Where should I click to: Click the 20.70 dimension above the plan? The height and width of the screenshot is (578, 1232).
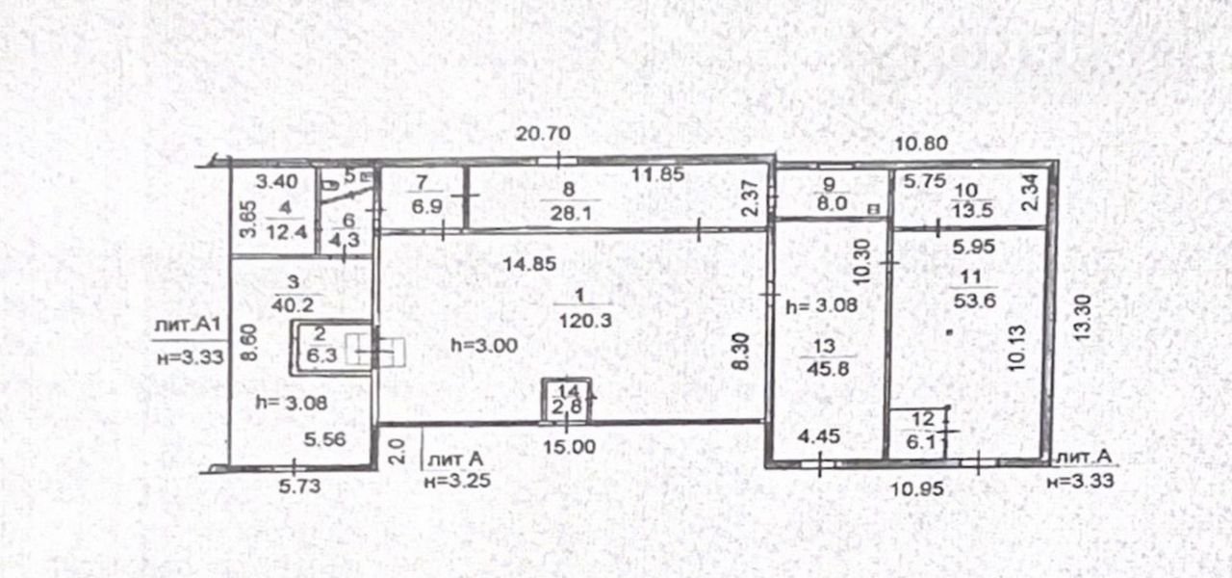pyautogui.click(x=543, y=134)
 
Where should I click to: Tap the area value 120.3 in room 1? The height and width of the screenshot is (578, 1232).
pyautogui.click(x=585, y=321)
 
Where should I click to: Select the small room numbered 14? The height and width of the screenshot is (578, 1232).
pyautogui.click(x=567, y=402)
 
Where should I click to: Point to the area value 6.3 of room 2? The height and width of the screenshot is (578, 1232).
pyautogui.click(x=321, y=355)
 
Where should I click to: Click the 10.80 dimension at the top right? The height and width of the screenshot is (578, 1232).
pyautogui.click(x=921, y=144)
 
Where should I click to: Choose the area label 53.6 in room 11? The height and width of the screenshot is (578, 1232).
pyautogui.click(x=974, y=302)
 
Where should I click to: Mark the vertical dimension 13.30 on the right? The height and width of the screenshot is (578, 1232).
pyautogui.click(x=1083, y=318)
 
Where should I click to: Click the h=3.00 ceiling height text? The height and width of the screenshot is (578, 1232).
pyautogui.click(x=484, y=346)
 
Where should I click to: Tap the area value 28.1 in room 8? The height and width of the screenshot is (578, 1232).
pyautogui.click(x=571, y=213)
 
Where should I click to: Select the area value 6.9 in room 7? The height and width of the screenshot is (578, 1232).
pyautogui.click(x=426, y=207)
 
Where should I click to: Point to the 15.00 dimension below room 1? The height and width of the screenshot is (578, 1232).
pyautogui.click(x=569, y=446)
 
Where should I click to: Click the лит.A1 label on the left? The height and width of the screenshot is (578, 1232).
pyautogui.click(x=188, y=325)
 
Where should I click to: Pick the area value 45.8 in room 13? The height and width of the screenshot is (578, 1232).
pyautogui.click(x=828, y=368)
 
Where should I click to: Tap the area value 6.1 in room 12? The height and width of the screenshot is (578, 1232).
pyautogui.click(x=921, y=442)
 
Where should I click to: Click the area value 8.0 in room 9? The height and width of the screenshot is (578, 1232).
pyautogui.click(x=832, y=203)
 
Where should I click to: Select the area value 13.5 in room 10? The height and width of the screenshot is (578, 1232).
pyautogui.click(x=972, y=210)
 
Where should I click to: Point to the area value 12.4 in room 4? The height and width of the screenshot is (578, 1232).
pyautogui.click(x=286, y=233)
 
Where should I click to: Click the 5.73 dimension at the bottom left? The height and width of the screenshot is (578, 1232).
pyautogui.click(x=299, y=486)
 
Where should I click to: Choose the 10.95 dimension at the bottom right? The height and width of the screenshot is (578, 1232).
pyautogui.click(x=917, y=488)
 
